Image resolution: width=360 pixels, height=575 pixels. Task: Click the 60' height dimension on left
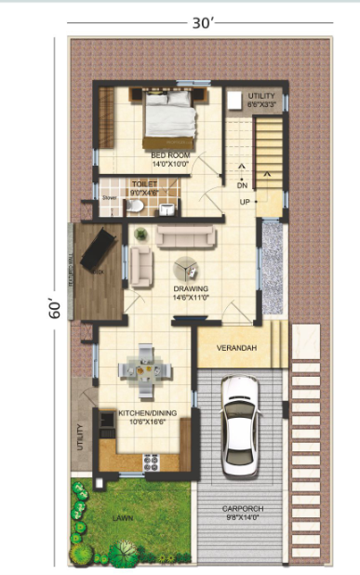(x=54, y=309)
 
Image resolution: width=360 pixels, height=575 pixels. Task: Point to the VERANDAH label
(x=236, y=349)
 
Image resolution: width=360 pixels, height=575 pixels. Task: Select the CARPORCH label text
(x=243, y=509)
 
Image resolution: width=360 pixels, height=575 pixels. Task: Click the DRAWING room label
(x=190, y=288)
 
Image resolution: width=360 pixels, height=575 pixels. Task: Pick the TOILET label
(x=144, y=184)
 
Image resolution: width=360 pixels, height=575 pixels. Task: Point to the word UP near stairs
(x=245, y=202)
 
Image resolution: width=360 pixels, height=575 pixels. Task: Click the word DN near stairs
(x=242, y=184)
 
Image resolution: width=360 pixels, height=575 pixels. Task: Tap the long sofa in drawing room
(x=184, y=236)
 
